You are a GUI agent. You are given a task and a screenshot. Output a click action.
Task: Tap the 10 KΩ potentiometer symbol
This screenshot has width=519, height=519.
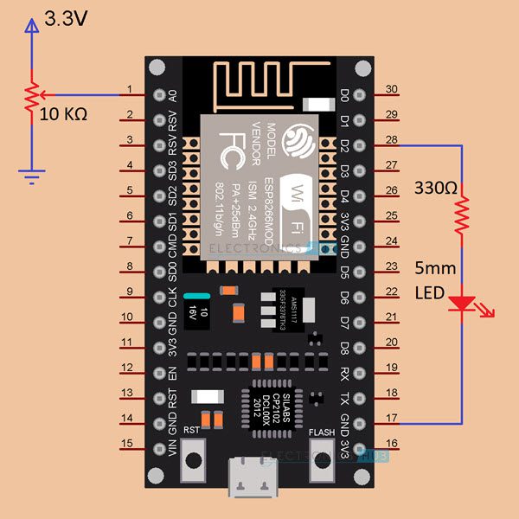click(x=32, y=97)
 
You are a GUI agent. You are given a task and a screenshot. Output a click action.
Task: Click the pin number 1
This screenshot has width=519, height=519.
click(x=129, y=90)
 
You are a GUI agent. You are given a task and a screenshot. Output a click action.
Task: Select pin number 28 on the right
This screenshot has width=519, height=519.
click(x=391, y=140)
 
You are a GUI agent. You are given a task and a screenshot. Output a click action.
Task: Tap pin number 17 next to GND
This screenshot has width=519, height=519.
click(x=391, y=419)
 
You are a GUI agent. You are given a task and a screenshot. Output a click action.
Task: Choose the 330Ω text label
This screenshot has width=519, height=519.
click(x=437, y=188)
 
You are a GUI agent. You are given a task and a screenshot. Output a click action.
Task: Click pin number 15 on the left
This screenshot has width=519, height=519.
click(x=129, y=445)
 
